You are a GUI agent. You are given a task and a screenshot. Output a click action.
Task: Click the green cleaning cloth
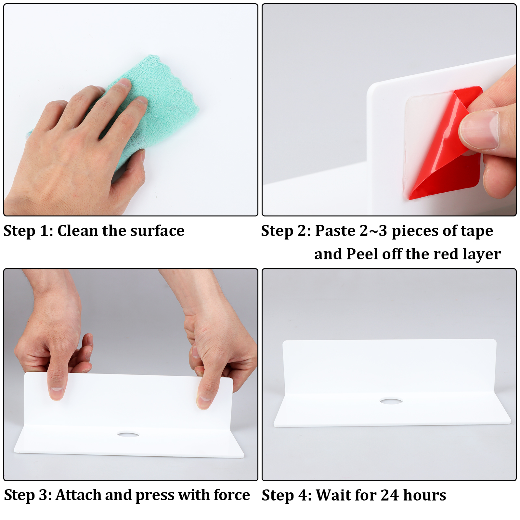156,107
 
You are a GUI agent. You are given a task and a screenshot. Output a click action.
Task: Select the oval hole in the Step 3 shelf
128,434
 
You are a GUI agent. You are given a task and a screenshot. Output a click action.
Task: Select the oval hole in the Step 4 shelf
391,401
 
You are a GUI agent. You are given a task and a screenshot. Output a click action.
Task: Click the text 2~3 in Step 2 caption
373,231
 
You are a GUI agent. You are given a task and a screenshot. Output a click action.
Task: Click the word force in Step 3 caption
232,495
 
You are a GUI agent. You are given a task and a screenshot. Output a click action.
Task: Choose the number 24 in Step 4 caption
390,495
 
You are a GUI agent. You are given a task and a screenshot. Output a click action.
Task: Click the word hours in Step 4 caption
424,495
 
